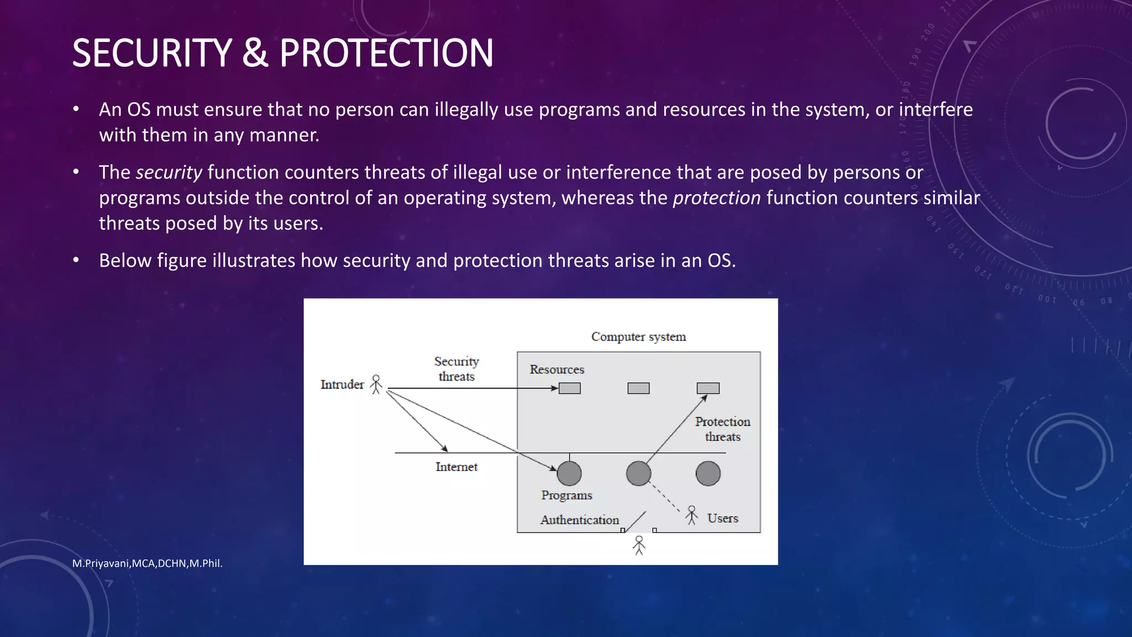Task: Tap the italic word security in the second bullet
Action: click(x=169, y=173)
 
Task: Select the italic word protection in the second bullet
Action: click(x=716, y=198)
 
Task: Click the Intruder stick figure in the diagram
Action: click(x=376, y=384)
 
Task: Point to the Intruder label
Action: click(x=342, y=384)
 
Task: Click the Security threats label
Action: click(x=457, y=369)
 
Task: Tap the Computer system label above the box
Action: click(x=638, y=337)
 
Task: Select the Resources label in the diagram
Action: click(x=557, y=369)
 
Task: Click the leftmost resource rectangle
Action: click(x=569, y=388)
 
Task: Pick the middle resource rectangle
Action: click(x=638, y=388)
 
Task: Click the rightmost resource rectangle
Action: click(x=708, y=388)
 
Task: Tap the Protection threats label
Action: click(x=722, y=429)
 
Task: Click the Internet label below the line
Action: click(x=457, y=467)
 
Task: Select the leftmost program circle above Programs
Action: click(x=569, y=473)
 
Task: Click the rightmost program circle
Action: click(x=708, y=473)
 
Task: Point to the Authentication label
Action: click(x=580, y=520)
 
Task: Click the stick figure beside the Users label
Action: click(x=691, y=515)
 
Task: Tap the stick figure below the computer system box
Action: click(x=639, y=545)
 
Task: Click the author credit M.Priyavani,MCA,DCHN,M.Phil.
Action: click(x=147, y=563)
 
